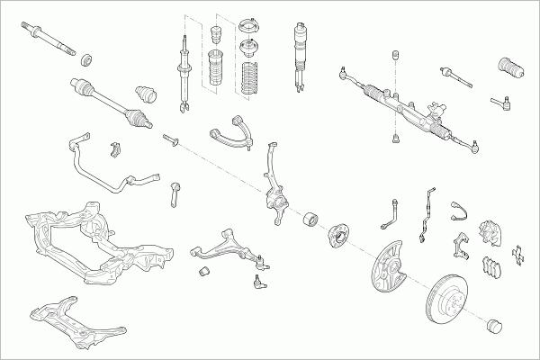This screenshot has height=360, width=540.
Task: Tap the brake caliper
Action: point(490,232)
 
